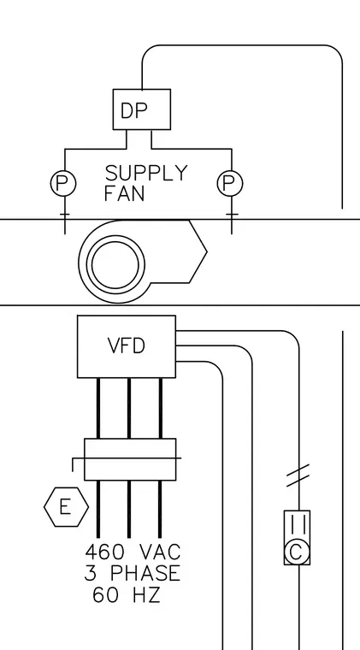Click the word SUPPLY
click(x=146, y=173)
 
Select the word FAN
click(x=124, y=193)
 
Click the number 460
click(x=104, y=552)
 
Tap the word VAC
click(x=160, y=552)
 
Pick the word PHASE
click(x=145, y=573)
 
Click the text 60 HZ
click(x=126, y=595)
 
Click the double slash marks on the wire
click(x=298, y=475)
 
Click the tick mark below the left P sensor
click(x=65, y=215)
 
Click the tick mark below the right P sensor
click(x=232, y=215)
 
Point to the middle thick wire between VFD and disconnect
click(x=129, y=408)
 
